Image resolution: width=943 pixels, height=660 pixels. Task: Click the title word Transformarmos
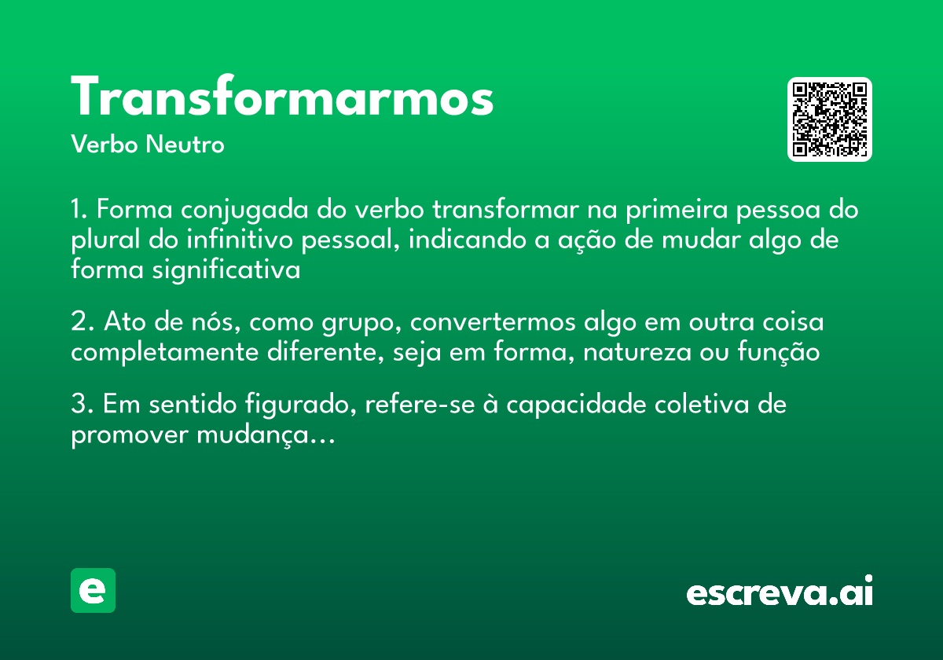282,98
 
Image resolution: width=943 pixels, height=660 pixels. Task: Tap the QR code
830,119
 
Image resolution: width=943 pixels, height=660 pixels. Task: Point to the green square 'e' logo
93,590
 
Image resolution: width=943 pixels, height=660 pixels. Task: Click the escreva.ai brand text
780,592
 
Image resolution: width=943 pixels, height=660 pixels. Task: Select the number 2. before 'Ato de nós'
82,323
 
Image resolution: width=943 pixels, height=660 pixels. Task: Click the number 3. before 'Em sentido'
82,405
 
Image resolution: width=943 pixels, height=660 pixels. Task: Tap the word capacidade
566,406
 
